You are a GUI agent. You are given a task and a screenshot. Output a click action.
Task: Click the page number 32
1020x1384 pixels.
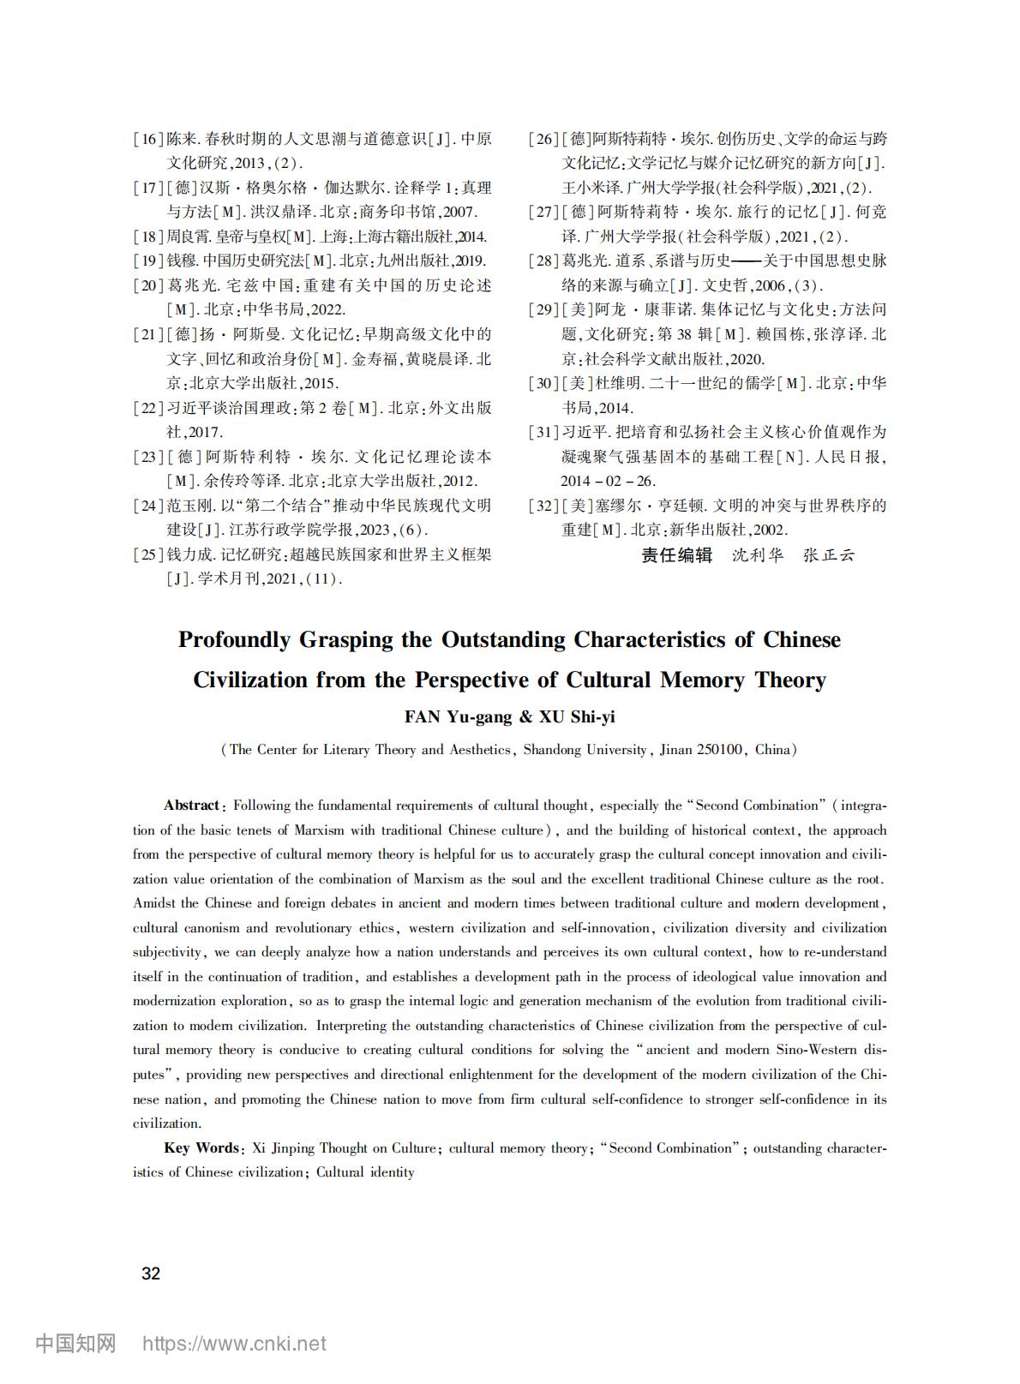151,1273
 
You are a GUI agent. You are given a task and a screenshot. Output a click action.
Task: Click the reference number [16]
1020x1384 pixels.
148,139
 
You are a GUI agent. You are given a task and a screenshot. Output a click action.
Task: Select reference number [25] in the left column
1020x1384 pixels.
148,554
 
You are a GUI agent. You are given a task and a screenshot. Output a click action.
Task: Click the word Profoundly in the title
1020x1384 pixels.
234,640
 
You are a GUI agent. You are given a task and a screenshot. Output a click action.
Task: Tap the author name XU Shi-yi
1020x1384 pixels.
577,717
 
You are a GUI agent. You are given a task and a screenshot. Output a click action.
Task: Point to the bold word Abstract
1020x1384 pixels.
192,806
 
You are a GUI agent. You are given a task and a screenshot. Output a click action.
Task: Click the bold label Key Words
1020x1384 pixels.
202,1148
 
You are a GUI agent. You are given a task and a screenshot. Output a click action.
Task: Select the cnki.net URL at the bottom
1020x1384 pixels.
234,1344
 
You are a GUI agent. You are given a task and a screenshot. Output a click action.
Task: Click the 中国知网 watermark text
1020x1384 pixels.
75,1344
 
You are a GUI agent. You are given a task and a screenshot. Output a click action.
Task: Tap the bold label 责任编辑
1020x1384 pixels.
677,555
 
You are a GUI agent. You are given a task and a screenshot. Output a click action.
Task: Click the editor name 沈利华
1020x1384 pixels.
758,555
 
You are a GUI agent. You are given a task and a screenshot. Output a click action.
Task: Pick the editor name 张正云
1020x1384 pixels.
829,555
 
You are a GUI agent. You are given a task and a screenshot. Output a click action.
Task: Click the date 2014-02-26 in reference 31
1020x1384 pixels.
608,481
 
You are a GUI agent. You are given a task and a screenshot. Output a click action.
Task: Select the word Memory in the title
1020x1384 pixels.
703,680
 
